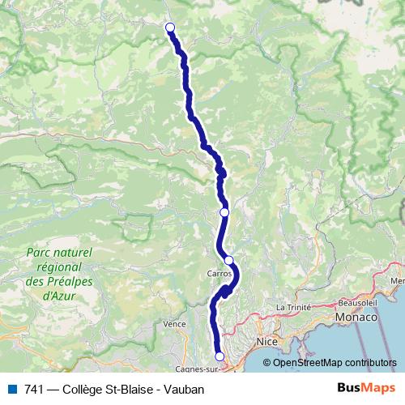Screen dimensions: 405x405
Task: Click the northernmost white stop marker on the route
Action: point(170,28)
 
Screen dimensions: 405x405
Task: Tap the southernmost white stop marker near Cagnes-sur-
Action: point(219,356)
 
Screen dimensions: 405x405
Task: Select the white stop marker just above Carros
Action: point(229,260)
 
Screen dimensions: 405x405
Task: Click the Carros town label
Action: point(220,274)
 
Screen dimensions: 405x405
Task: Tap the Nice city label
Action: point(266,343)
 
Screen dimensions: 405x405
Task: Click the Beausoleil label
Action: point(352,302)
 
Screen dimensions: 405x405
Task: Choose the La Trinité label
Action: point(293,307)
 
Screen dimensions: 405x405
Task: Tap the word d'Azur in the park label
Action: point(58,296)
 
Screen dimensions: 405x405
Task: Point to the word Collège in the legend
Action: point(83,389)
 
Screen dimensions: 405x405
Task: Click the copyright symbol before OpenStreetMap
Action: point(267,362)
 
